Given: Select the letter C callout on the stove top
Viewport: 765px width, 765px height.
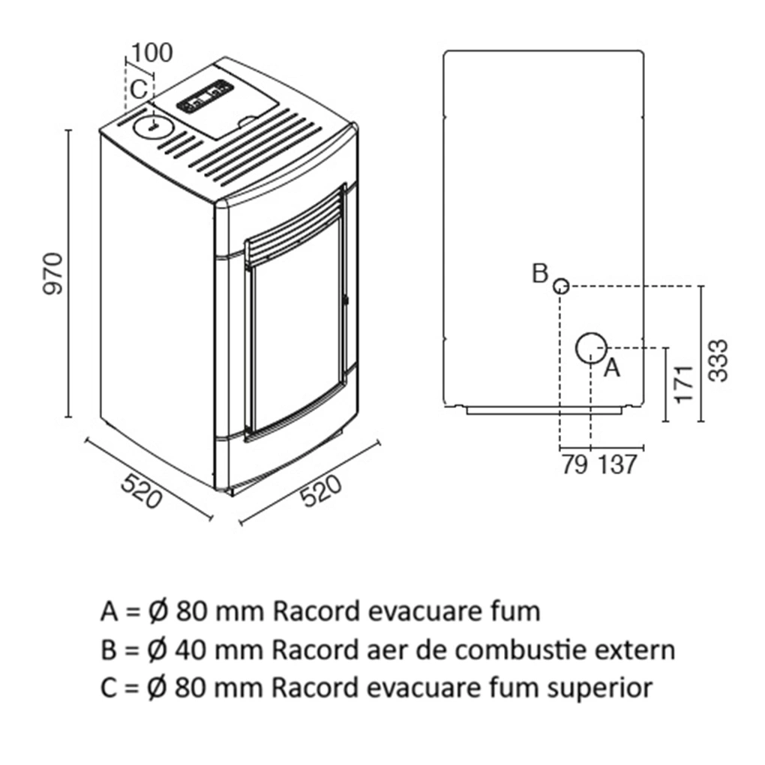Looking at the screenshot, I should tap(137, 89).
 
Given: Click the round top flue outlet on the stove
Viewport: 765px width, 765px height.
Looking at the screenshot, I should tap(152, 126).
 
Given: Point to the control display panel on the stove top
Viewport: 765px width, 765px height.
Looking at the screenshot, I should tap(203, 97).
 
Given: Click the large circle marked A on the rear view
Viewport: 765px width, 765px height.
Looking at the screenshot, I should tap(591, 347).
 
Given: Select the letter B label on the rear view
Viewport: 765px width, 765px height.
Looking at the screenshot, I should tap(540, 274).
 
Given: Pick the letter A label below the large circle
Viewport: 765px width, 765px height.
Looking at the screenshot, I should tap(612, 368).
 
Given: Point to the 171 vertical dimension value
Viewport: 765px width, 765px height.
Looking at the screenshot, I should tap(683, 385).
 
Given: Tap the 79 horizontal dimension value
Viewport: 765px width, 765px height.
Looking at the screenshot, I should tap(574, 465).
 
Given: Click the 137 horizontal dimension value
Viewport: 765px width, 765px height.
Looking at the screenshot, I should tap(618, 465).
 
